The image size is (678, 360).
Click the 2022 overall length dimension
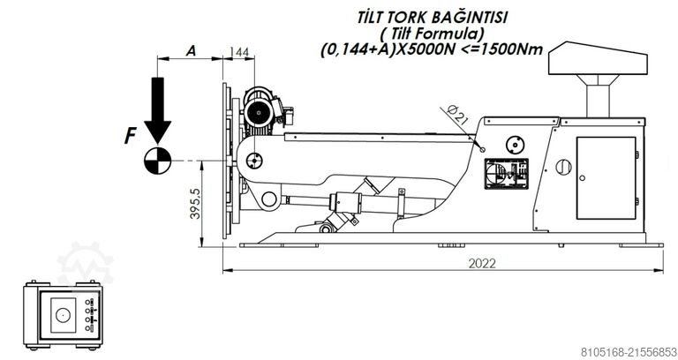click(482, 263)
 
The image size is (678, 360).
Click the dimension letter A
click(190, 51)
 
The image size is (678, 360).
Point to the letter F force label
click(130, 136)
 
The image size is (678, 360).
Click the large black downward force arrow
click(158, 109)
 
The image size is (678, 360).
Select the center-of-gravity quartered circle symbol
click(157, 160)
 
